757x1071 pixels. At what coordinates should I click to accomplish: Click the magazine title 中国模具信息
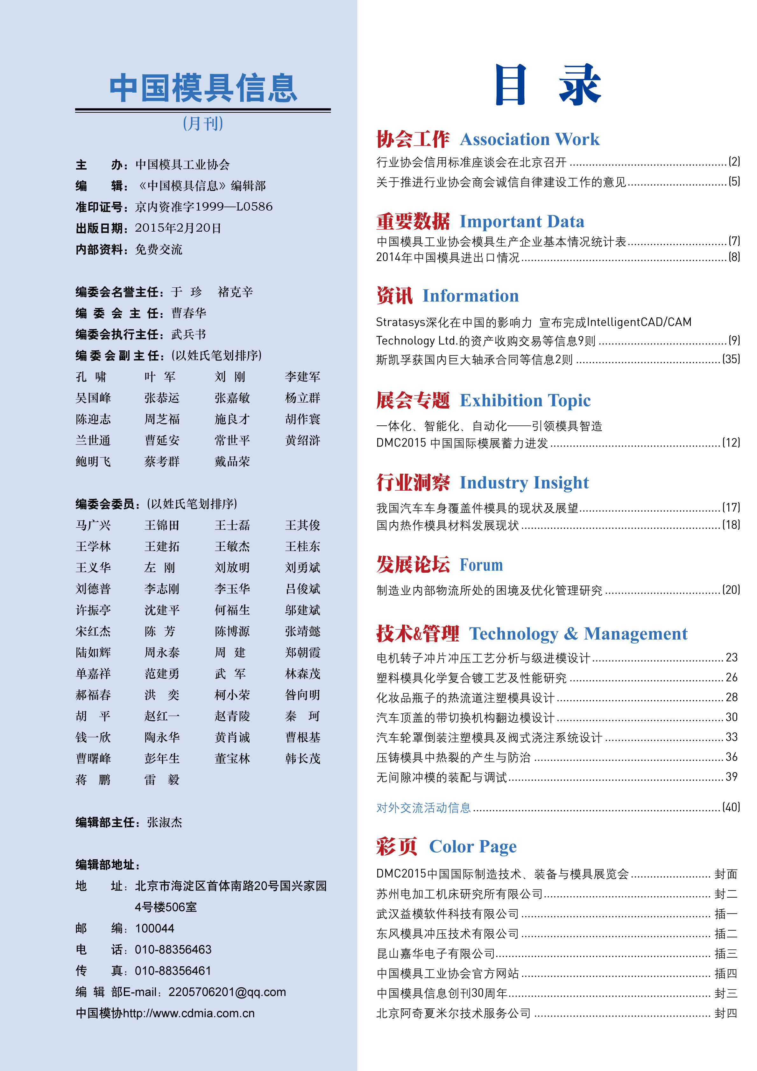pyautogui.click(x=203, y=88)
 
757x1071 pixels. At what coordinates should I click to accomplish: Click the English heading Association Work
pyautogui.click(x=529, y=139)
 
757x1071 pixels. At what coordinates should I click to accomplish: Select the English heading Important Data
pyautogui.click(x=521, y=221)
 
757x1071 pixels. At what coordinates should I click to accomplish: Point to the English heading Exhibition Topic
pyautogui.click(x=525, y=401)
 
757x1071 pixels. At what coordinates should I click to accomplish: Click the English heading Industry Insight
pyautogui.click(x=524, y=483)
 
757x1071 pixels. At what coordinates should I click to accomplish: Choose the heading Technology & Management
pyautogui.click(x=578, y=634)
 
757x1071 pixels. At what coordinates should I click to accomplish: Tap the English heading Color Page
pyautogui.click(x=472, y=847)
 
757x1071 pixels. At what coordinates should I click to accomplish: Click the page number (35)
pyautogui.click(x=730, y=359)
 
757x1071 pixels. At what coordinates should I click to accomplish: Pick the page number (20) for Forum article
pyautogui.click(x=730, y=590)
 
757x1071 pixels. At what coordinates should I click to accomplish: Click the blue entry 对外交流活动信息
pyautogui.click(x=423, y=808)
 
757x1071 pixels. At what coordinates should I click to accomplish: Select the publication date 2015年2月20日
pyautogui.click(x=178, y=228)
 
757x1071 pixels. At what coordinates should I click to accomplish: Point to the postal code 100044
pyautogui.click(x=154, y=928)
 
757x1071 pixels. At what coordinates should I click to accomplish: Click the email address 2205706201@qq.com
pyautogui.click(x=227, y=992)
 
